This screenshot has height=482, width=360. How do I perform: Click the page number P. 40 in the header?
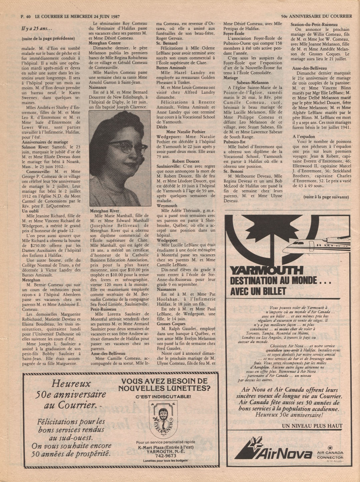(x=26, y=16)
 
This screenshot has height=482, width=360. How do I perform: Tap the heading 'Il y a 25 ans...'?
(x=37, y=29)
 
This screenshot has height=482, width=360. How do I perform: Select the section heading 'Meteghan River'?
(x=104, y=211)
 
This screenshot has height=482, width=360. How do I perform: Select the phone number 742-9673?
(x=166, y=456)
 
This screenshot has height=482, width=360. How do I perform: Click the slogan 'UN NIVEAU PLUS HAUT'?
(x=312, y=426)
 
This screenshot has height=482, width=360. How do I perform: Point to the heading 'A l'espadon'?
(x=304, y=137)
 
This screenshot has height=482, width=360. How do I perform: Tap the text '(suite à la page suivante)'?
(x=326, y=197)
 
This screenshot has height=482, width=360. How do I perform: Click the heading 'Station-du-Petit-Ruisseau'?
(x=314, y=25)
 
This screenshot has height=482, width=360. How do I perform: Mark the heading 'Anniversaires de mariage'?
(x=45, y=142)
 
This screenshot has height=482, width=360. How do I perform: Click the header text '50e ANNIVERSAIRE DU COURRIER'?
(x=316, y=16)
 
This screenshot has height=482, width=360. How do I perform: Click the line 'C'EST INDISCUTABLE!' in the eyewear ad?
(x=163, y=397)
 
